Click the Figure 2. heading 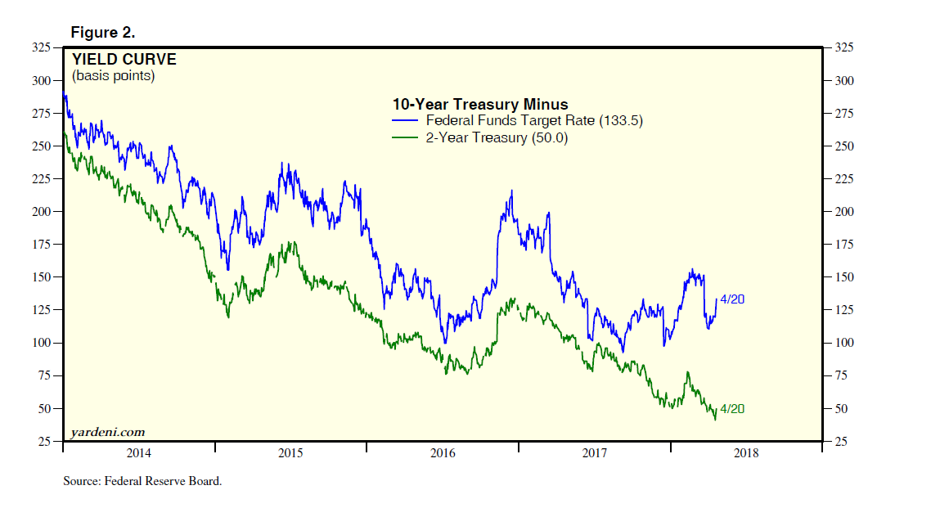(x=102, y=33)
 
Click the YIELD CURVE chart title (x=124, y=59)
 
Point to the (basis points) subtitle (x=113, y=76)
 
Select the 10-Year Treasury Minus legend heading (x=479, y=105)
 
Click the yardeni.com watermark (x=106, y=432)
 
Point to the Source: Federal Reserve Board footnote (x=142, y=481)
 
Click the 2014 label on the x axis (x=138, y=453)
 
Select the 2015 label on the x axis (x=290, y=453)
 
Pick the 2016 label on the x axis (x=443, y=453)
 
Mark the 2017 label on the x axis (x=594, y=453)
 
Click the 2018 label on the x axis (x=745, y=453)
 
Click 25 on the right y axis (x=841, y=442)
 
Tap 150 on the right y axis (x=843, y=277)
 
